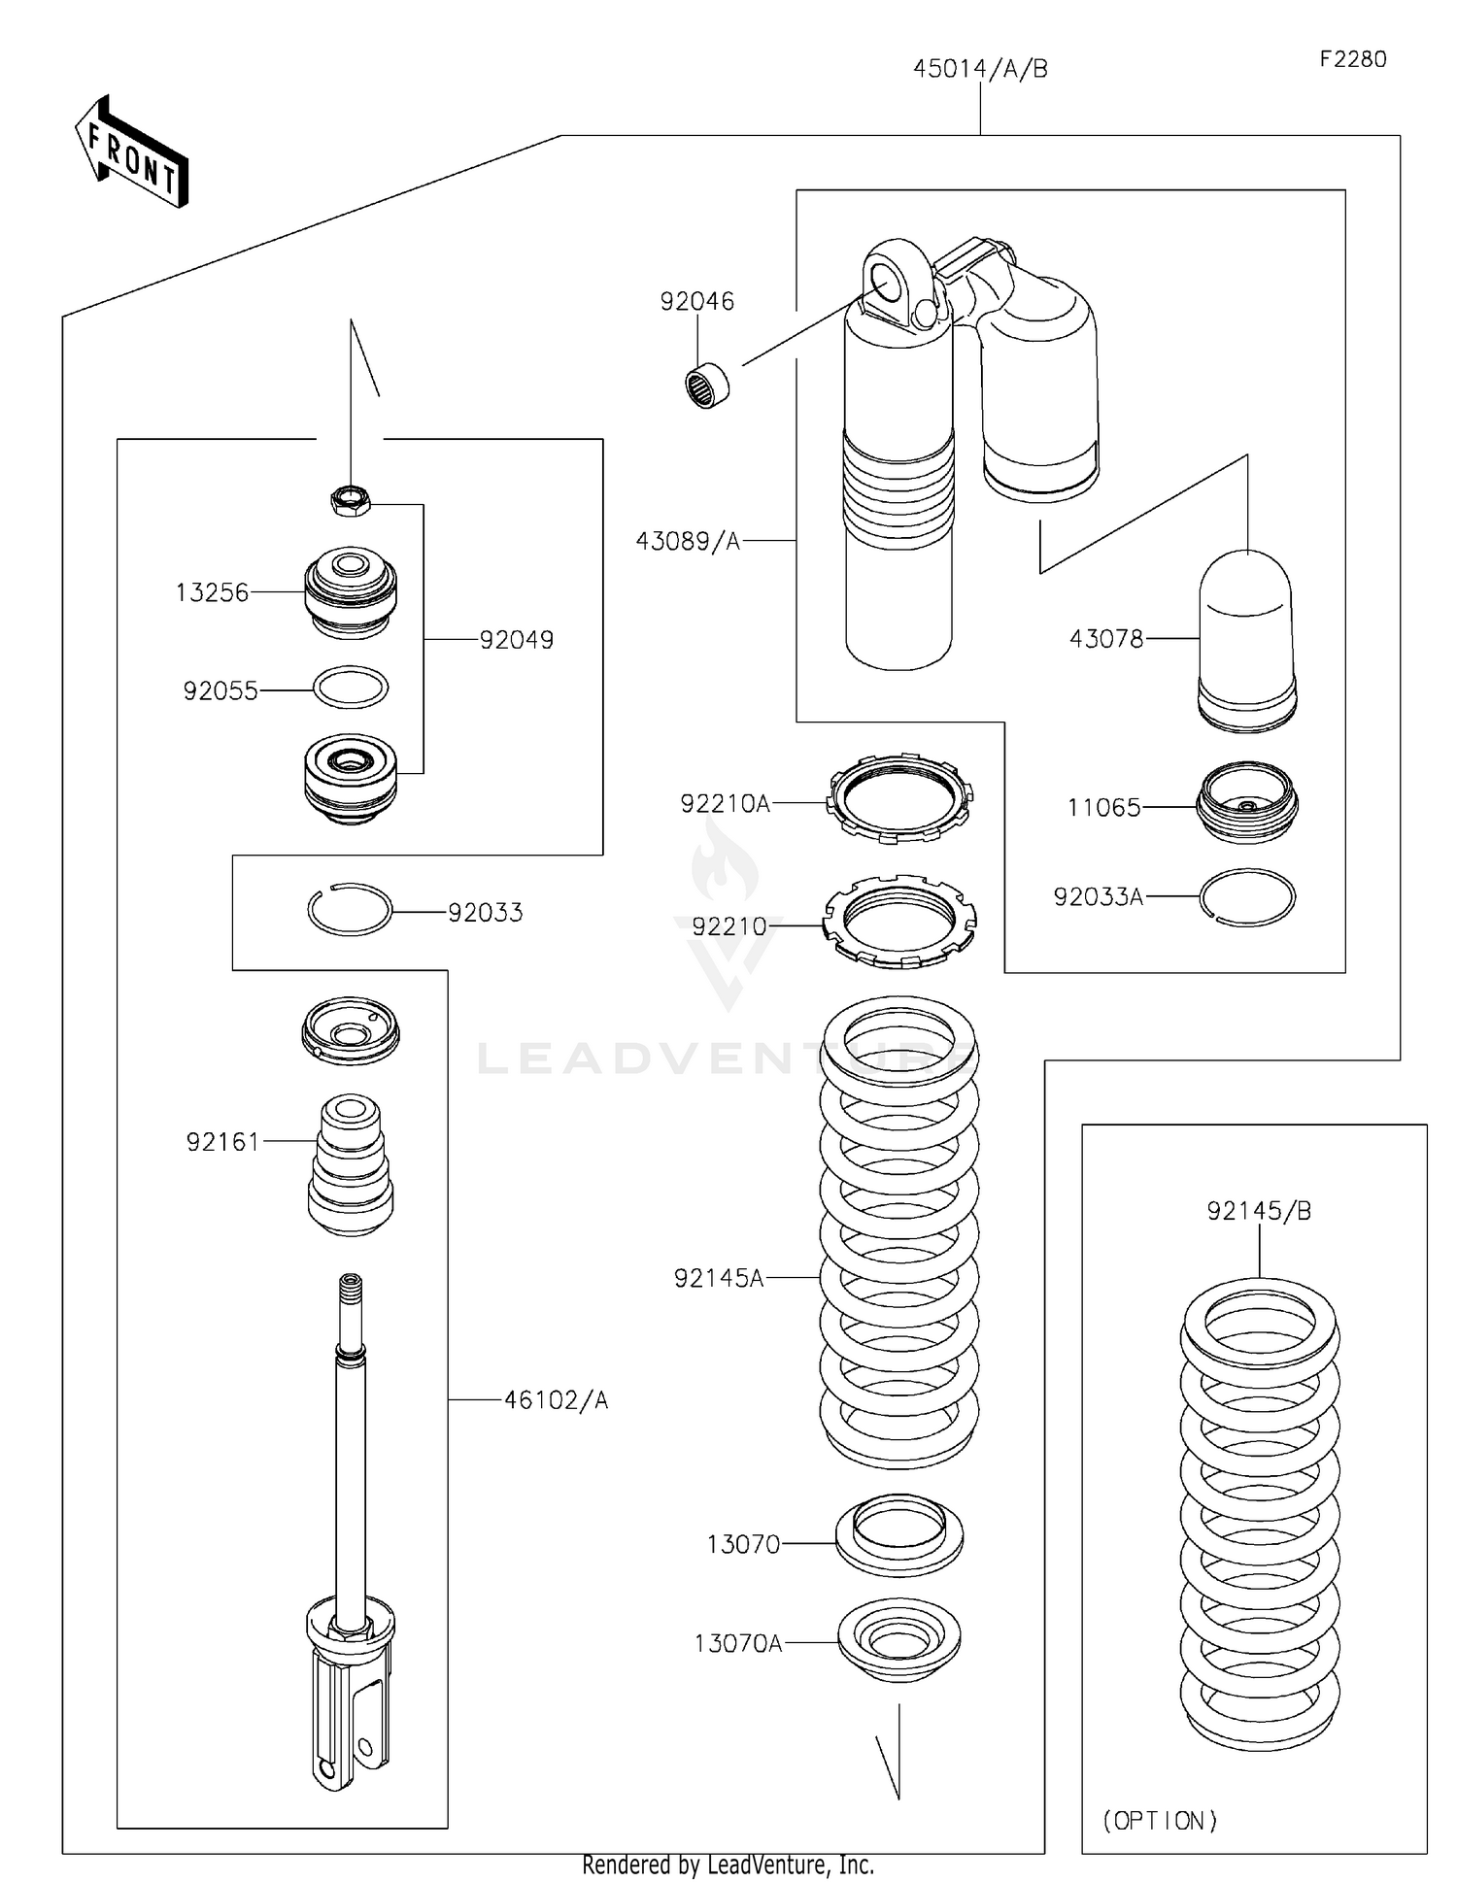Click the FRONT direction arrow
coord(132,153)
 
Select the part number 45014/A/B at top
coord(979,69)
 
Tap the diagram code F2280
coord(1352,59)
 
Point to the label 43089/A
coord(688,541)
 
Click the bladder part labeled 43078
coord(1246,641)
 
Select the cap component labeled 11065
coord(1247,802)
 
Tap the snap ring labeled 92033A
coord(1247,897)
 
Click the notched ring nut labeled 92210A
coord(899,797)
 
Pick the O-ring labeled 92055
coord(351,688)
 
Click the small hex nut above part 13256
coord(350,500)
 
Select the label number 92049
coord(516,640)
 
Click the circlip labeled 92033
coord(350,910)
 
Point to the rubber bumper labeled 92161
coord(350,1165)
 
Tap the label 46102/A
coord(556,1400)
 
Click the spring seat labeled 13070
coord(899,1535)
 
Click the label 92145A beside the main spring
coord(719,1279)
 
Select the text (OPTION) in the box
coord(1160,1820)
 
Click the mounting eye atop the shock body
coord(889,280)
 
